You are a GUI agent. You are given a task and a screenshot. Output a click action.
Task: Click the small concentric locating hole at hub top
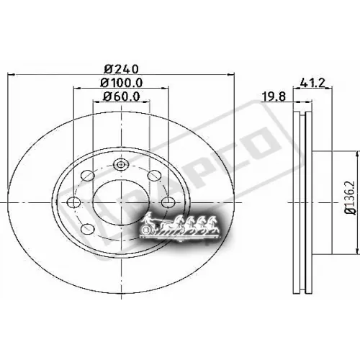point(120,165)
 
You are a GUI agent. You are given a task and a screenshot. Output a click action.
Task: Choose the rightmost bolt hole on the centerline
point(168,202)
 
